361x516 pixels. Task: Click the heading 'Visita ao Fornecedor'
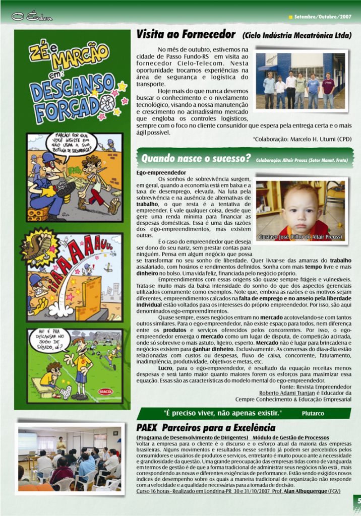tap(186, 35)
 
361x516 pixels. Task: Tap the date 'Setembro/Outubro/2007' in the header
tap(323, 17)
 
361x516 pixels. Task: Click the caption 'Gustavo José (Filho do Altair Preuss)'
tap(300, 237)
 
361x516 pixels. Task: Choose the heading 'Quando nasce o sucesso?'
tap(196, 159)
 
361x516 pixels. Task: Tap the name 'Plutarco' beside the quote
tap(313, 413)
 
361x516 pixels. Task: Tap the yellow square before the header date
tap(290, 17)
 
